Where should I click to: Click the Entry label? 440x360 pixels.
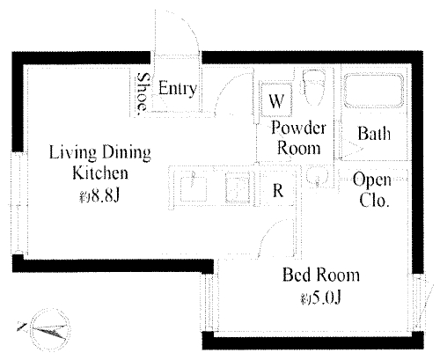point(178,88)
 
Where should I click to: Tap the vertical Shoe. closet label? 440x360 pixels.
point(143,92)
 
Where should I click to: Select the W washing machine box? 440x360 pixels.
point(276,99)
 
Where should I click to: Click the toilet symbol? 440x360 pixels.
point(313,87)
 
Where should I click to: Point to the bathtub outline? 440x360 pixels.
point(374,91)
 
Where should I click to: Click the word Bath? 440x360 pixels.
point(374,134)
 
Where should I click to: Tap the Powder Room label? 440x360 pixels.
point(298,137)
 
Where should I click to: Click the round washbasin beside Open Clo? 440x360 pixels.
point(318,177)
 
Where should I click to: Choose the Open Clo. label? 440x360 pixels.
point(372,190)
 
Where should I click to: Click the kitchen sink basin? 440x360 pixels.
point(193,189)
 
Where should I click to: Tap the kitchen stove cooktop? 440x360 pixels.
point(238,187)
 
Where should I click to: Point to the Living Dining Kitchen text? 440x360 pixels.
point(100,162)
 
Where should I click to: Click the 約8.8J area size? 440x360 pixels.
point(99,195)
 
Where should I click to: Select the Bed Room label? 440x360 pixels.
point(321,275)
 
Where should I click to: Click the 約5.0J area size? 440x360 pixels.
point(320,298)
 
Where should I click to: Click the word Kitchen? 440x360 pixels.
point(100,173)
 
